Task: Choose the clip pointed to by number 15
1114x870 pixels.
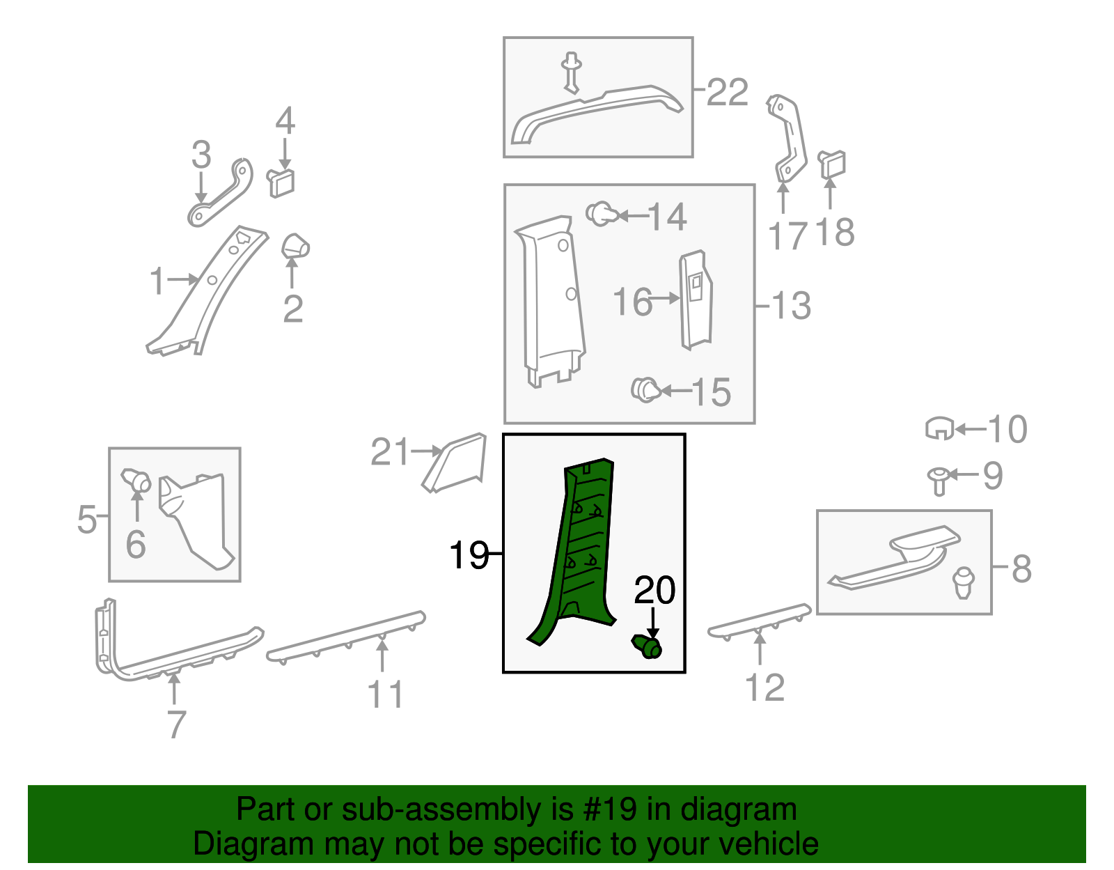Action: pyautogui.click(x=646, y=390)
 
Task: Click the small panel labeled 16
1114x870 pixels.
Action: pyautogui.click(x=696, y=300)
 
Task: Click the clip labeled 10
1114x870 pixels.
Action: pyautogui.click(x=939, y=428)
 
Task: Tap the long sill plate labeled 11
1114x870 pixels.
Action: pyautogui.click(x=346, y=637)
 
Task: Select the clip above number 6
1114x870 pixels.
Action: pyautogui.click(x=136, y=480)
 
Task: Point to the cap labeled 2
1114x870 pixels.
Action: pyautogui.click(x=295, y=247)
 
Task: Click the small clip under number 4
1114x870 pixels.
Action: pyautogui.click(x=281, y=182)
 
